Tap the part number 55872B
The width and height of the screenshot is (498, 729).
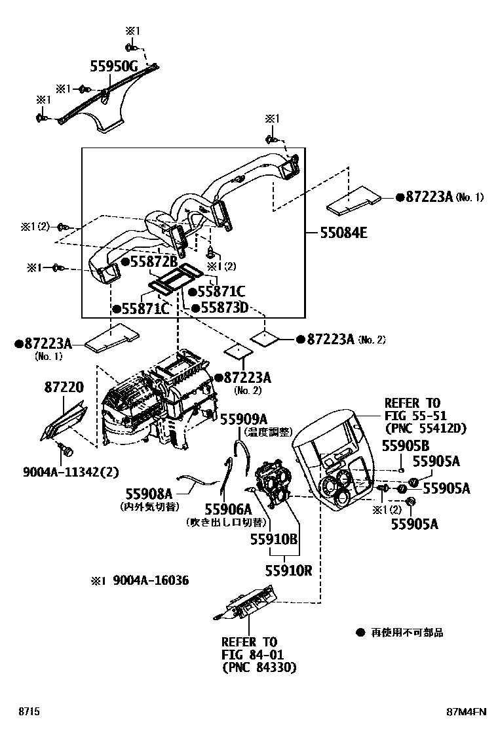[154, 261]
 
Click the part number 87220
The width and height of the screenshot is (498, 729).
[64, 387]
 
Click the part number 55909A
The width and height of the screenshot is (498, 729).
[243, 419]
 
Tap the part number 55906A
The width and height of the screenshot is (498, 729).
[227, 509]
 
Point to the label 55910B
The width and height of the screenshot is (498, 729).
[273, 538]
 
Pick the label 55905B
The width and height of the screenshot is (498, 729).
[406, 446]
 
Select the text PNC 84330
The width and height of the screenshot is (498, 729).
[259, 667]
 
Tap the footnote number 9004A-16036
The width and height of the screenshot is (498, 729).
[150, 581]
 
